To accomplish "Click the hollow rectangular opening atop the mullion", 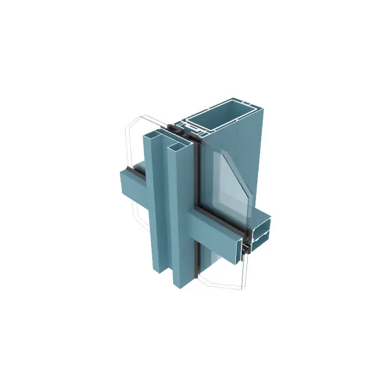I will pos(224,124).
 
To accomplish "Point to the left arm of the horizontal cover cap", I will pos(134,188).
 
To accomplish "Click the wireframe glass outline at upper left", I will pos(133,139).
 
